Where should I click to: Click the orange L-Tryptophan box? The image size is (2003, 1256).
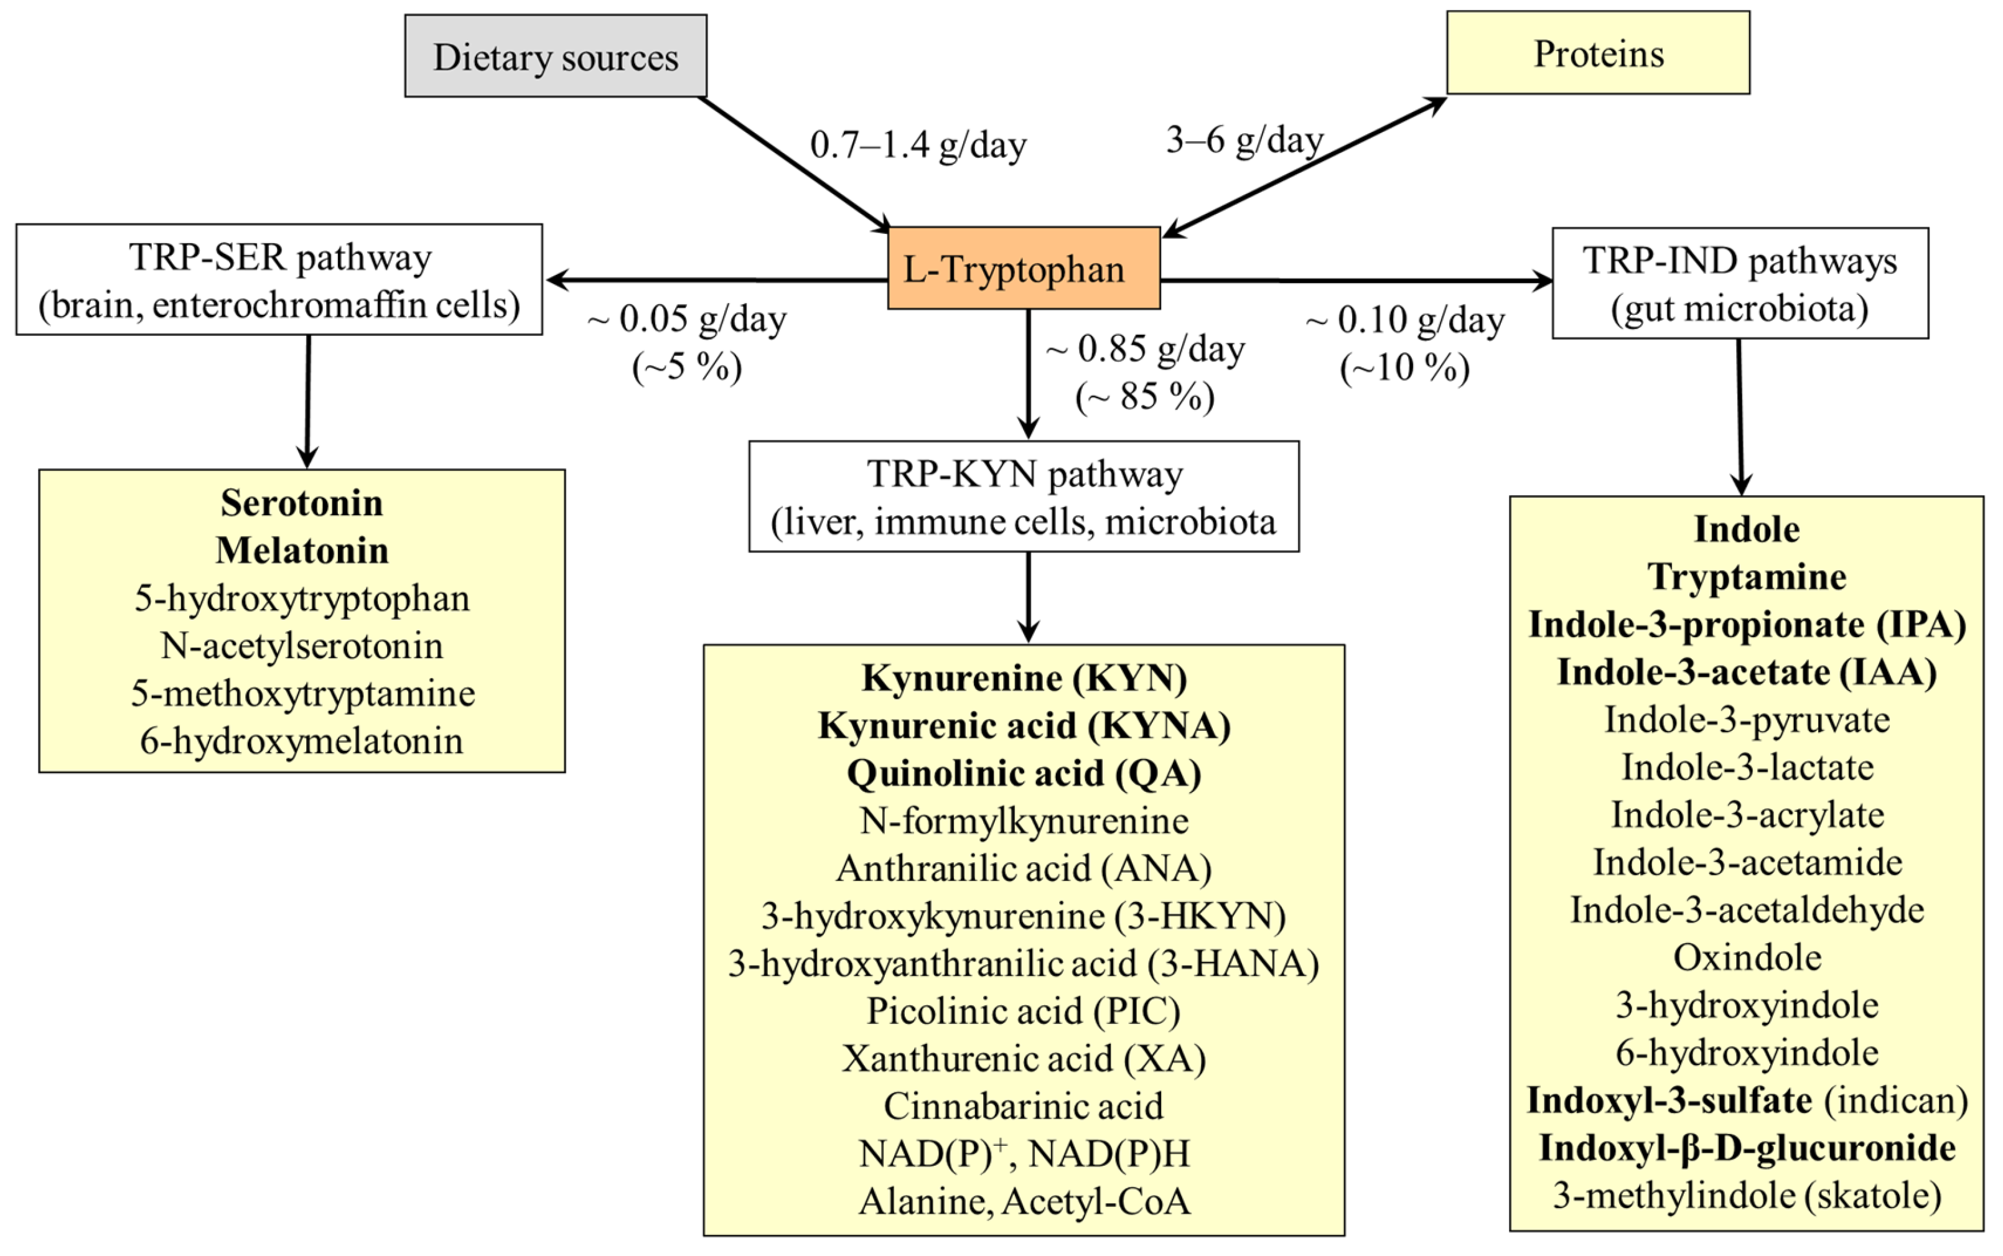1023,268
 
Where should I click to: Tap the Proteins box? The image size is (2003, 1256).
1597,53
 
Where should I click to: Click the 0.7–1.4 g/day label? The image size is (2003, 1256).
917,146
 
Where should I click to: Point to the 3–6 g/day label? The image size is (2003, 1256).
1244,139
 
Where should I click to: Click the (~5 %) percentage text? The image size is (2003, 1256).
686,366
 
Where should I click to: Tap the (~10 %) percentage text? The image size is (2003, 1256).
1404,367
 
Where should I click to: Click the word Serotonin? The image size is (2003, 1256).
302,503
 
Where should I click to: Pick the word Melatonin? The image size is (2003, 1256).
302,550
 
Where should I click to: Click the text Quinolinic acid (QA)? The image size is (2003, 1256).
1024,773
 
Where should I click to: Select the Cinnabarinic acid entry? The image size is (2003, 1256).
1024,1105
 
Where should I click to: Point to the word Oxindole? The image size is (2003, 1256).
1746,958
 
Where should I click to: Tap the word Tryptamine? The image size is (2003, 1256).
1746,577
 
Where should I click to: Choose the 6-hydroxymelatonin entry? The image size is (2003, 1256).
302,741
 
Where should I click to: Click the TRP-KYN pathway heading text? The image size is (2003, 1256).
1024,474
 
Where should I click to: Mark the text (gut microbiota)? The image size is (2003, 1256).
1740,308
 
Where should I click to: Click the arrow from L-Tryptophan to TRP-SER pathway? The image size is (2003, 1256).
714,280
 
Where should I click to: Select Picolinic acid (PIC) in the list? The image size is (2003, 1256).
1024,1011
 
